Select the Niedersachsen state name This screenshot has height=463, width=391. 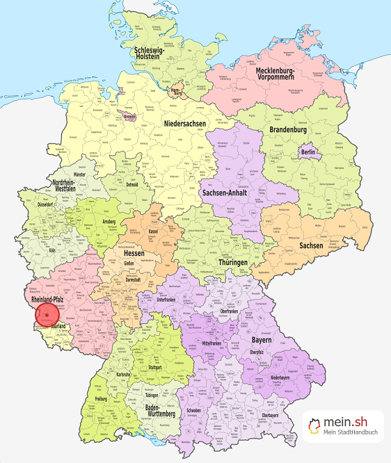coord(186,123)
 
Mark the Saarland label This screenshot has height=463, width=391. coord(58,325)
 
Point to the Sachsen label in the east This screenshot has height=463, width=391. coord(311,245)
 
